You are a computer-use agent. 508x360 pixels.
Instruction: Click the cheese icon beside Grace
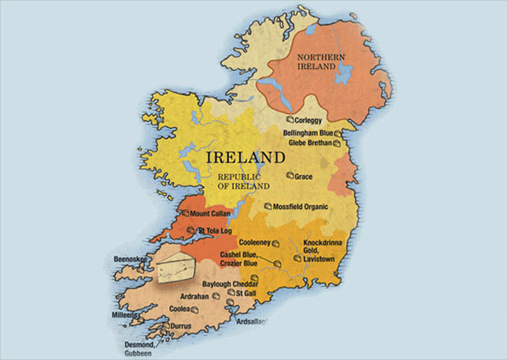(288, 176)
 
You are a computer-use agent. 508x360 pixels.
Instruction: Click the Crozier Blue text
(243, 264)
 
